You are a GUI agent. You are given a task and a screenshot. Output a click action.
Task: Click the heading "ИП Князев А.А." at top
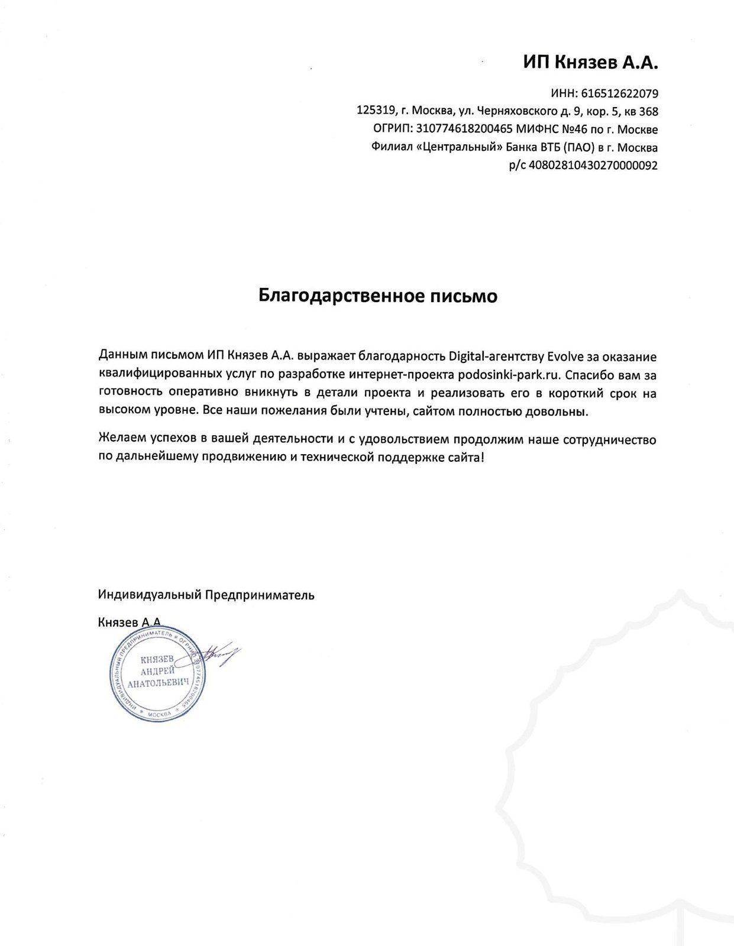(x=590, y=63)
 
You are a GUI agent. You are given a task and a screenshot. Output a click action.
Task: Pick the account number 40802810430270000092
(x=593, y=166)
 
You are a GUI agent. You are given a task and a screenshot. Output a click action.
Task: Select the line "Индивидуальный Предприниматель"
(x=206, y=595)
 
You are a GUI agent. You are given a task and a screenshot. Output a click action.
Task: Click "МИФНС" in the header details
(x=535, y=129)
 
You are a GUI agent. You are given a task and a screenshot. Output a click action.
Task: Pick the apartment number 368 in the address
(x=649, y=111)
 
